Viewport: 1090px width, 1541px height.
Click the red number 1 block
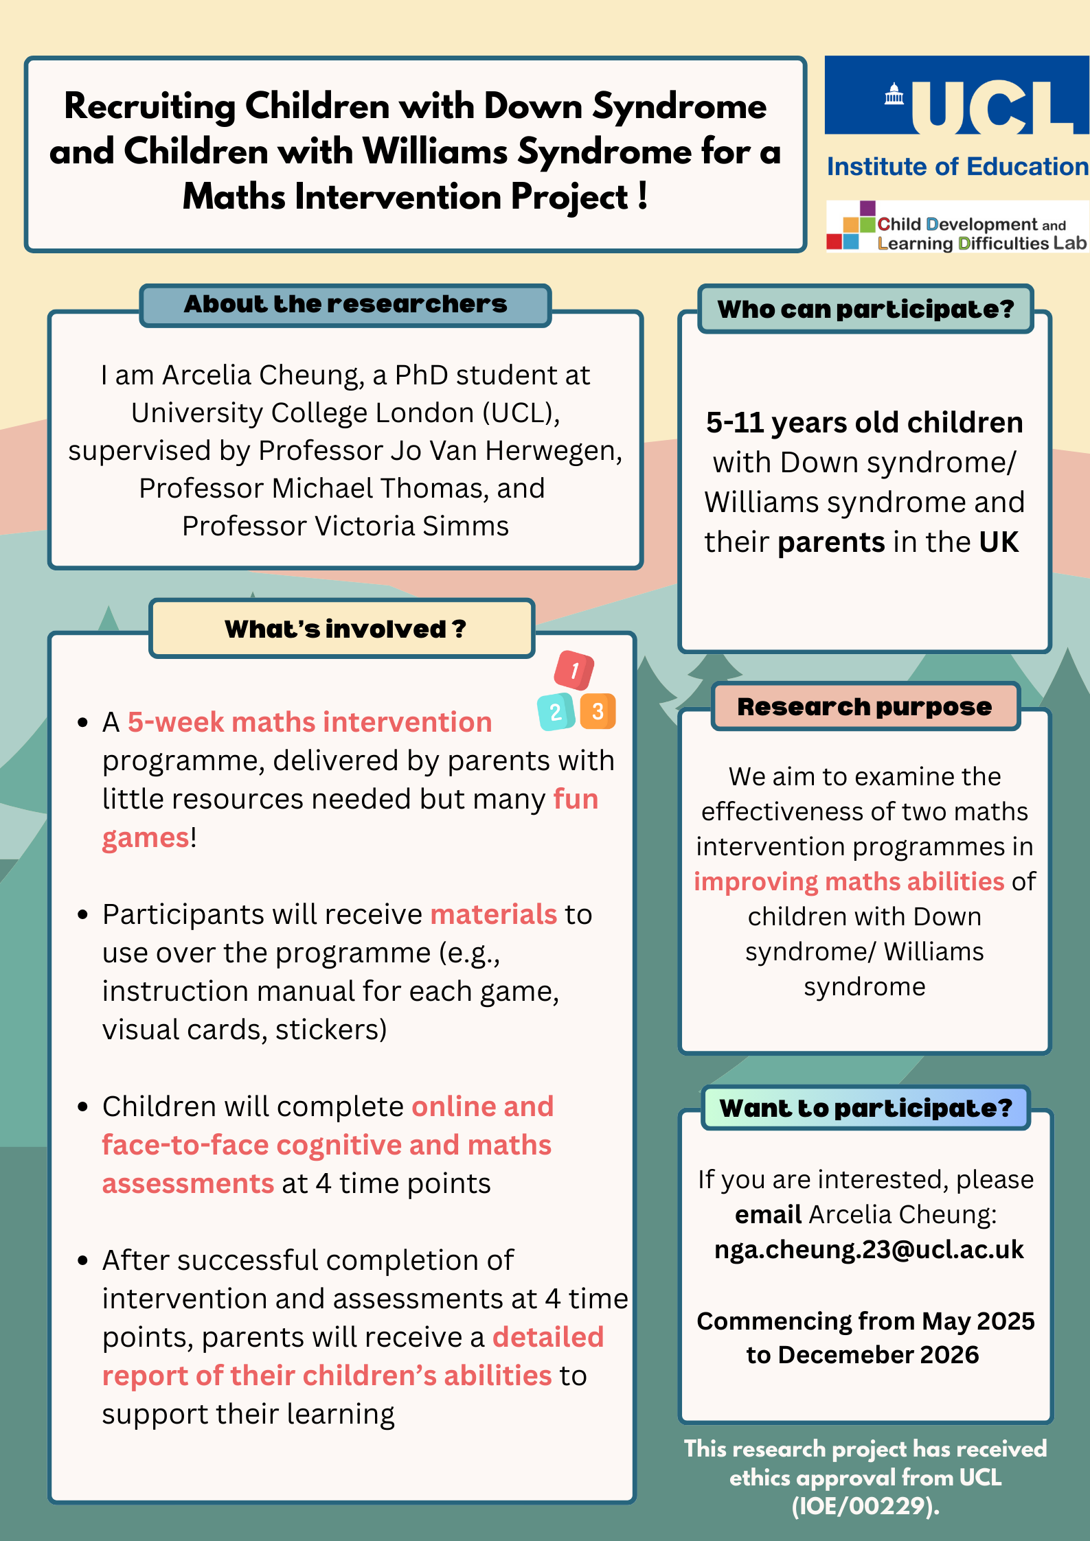coord(574,670)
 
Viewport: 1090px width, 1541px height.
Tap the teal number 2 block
coord(556,712)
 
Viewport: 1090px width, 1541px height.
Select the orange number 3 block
coord(598,711)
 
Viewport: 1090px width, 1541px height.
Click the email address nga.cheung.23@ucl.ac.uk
coord(869,1249)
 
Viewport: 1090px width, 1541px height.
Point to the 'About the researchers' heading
coord(345,304)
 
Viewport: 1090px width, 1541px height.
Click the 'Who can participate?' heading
coord(865,309)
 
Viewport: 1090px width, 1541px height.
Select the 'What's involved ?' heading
coord(345,629)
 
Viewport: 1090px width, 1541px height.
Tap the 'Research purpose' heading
coord(864,706)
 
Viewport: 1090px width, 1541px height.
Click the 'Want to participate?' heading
coord(865,1108)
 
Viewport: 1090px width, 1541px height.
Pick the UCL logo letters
coord(989,106)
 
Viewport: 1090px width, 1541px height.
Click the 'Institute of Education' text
coord(957,167)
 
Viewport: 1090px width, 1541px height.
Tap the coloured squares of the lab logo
coord(850,225)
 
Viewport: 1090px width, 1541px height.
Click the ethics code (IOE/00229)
coord(865,1506)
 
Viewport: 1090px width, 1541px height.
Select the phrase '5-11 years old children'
coord(864,423)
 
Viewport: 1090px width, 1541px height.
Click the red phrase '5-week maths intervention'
coord(310,722)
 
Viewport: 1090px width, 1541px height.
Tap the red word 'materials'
coord(493,914)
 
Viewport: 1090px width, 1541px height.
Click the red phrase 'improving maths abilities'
coord(848,881)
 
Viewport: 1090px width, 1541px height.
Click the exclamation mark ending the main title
coord(642,196)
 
